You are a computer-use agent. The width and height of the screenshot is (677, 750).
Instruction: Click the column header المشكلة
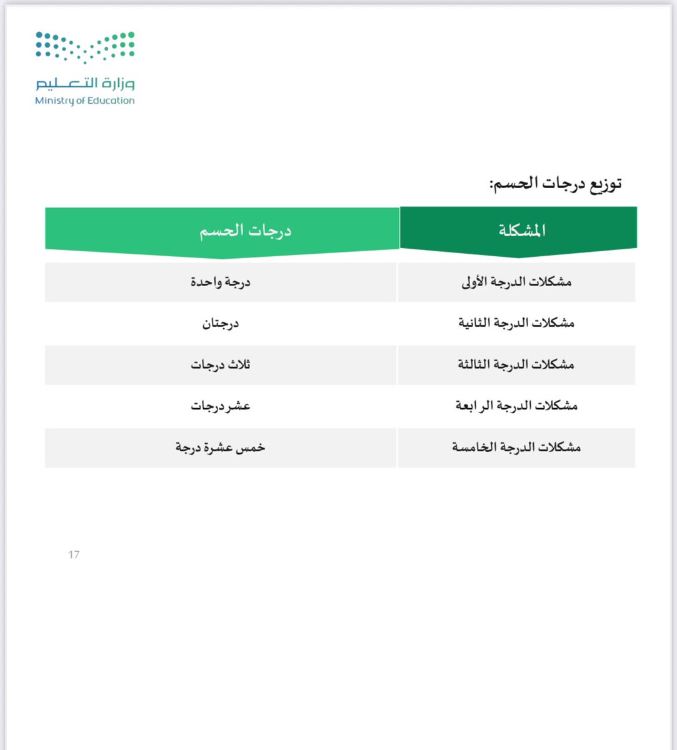click(521, 231)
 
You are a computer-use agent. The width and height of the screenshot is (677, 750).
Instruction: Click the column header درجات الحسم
click(245, 231)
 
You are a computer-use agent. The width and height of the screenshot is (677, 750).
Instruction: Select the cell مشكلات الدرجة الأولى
click(516, 282)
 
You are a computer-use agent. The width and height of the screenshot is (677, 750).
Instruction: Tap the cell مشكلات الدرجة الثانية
click(516, 323)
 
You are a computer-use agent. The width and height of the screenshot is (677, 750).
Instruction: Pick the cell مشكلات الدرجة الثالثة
click(516, 364)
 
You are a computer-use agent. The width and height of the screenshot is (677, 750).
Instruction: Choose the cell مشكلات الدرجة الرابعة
click(516, 406)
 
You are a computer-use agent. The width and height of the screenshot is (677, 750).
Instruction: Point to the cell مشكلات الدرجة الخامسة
click(516, 447)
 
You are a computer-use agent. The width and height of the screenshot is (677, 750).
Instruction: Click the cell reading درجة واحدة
click(220, 282)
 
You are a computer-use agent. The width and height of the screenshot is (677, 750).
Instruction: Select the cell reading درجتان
click(220, 323)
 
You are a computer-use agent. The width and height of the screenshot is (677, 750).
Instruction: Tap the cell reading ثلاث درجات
click(220, 364)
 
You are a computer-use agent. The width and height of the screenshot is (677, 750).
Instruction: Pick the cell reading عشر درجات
click(220, 406)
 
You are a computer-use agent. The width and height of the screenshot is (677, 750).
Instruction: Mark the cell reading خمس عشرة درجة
click(220, 447)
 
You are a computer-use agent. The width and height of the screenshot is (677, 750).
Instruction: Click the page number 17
click(74, 555)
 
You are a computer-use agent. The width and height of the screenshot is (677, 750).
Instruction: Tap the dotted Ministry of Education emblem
click(85, 47)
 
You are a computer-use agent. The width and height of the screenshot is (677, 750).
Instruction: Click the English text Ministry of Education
click(85, 101)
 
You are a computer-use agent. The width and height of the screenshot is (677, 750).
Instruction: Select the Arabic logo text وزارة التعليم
click(85, 84)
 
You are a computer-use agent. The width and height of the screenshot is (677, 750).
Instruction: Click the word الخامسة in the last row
click(476, 447)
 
